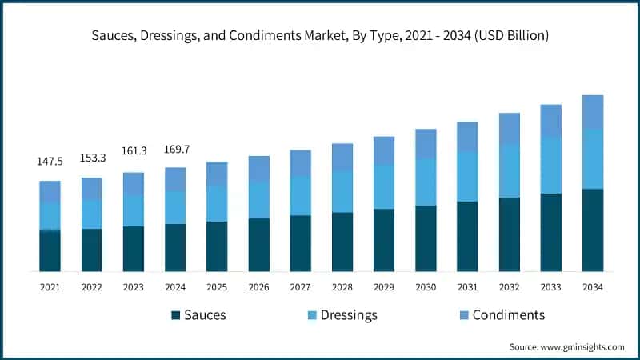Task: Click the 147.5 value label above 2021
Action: point(50,162)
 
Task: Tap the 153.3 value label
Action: point(91,158)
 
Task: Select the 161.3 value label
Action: point(134,150)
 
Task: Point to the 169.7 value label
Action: point(175,148)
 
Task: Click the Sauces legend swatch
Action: point(175,315)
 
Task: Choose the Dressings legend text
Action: point(350,315)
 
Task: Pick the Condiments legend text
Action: point(508,315)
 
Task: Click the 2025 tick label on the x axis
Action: point(217,286)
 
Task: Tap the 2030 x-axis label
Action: point(426,286)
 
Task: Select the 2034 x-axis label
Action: point(593,286)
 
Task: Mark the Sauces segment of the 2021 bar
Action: point(50,250)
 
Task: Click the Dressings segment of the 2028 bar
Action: point(342,191)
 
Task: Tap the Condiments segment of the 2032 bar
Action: point(510,129)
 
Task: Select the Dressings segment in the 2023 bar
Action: point(134,210)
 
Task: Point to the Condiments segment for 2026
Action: point(258,169)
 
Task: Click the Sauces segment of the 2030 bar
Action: point(426,238)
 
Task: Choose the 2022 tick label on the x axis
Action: point(91,286)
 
